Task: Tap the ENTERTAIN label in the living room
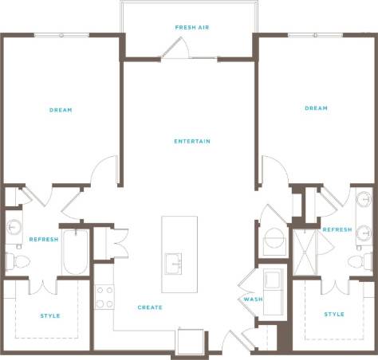pyautogui.click(x=192, y=142)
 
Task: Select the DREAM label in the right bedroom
pyautogui.click(x=316, y=108)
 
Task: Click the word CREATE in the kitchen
pyautogui.click(x=150, y=307)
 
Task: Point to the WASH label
pyautogui.click(x=247, y=299)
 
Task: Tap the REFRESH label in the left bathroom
pyautogui.click(x=43, y=239)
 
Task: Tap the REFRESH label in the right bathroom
pyautogui.click(x=337, y=229)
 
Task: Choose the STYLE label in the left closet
pyautogui.click(x=49, y=315)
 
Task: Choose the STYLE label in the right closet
pyautogui.click(x=334, y=314)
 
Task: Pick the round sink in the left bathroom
pyautogui.click(x=14, y=227)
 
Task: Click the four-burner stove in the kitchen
pyautogui.click(x=104, y=297)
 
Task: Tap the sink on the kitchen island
pyautogui.click(x=173, y=263)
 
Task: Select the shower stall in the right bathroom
pyautogui.click(x=305, y=252)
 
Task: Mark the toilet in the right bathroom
pyautogui.click(x=362, y=261)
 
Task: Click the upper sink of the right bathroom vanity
pyautogui.click(x=364, y=199)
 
